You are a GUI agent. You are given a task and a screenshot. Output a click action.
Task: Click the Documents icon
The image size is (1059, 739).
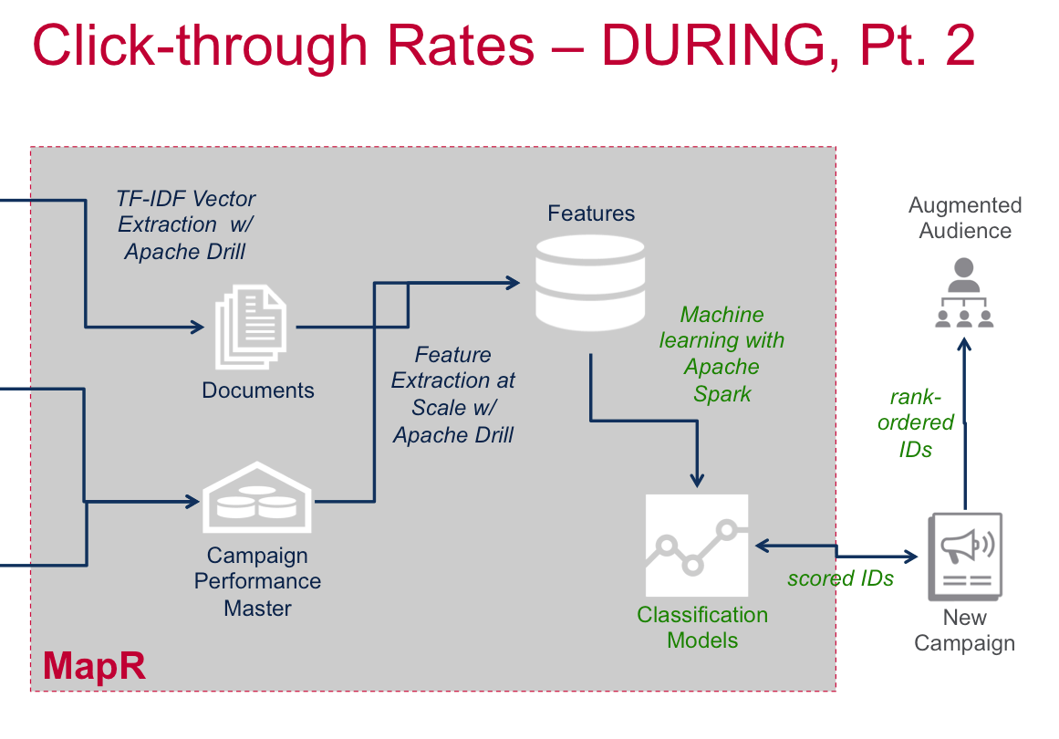coord(250,327)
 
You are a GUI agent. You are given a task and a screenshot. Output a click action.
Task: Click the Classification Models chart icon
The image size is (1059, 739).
coord(696,545)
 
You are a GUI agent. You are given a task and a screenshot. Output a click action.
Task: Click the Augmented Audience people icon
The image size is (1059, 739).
coord(964,294)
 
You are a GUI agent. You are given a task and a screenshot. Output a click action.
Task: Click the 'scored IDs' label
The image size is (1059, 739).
coord(840,578)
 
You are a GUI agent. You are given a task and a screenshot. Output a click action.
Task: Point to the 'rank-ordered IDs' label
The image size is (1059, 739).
coord(920,422)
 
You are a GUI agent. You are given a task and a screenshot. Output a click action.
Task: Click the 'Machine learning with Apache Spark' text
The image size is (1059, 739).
coord(722,354)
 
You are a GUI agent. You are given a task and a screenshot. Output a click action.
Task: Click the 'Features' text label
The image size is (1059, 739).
coord(591,213)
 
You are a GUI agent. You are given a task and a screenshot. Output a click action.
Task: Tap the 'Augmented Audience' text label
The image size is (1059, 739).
coord(965,218)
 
